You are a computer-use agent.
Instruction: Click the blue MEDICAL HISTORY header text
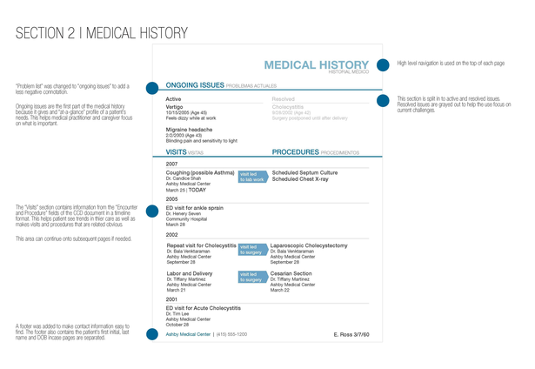[x=317, y=64]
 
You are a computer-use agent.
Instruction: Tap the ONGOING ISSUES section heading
[x=195, y=86]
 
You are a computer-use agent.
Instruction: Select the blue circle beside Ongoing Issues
[x=151, y=87]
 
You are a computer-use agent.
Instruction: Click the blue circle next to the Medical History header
[x=383, y=64]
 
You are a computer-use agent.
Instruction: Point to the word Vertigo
[x=176, y=107]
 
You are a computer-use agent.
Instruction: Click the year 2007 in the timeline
[x=171, y=164]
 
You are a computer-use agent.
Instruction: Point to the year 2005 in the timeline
[x=171, y=198]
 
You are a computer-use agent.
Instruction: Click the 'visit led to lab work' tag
[x=252, y=176]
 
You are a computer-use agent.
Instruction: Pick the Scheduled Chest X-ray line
[x=301, y=178]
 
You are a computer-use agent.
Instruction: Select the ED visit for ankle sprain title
[x=195, y=208]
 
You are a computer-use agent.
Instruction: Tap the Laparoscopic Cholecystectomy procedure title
[x=309, y=245]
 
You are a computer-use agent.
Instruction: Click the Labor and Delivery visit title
[x=190, y=273]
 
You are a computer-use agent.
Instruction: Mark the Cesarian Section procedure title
[x=291, y=273]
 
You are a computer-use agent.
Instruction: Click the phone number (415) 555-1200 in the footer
[x=232, y=334]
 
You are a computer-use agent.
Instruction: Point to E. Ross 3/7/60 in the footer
[x=351, y=334]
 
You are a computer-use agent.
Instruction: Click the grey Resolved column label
[x=284, y=99]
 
